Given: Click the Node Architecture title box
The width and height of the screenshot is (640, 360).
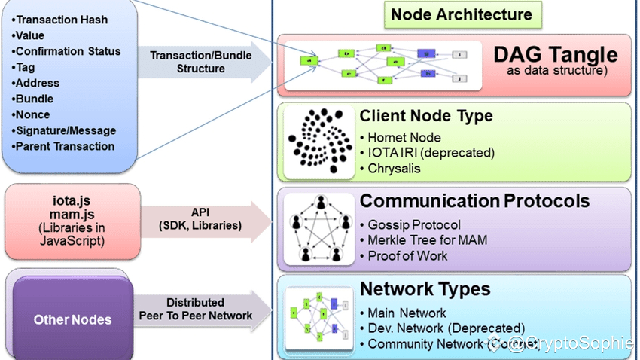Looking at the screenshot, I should click(x=461, y=14).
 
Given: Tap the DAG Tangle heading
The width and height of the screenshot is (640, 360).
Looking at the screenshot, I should click(x=555, y=55).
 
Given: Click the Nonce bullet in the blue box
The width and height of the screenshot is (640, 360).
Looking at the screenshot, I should click(x=32, y=114).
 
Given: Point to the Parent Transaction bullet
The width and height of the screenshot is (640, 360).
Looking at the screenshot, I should click(x=63, y=146).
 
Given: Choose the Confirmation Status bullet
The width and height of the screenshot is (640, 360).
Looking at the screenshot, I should click(x=66, y=51).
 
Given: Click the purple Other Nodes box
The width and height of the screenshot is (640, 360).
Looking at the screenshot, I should click(x=73, y=319).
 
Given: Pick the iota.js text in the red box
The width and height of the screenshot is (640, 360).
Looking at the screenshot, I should click(x=72, y=202).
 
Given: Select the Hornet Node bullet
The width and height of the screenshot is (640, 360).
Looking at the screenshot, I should click(x=405, y=137).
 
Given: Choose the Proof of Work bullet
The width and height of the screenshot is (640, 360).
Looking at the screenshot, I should click(x=407, y=255).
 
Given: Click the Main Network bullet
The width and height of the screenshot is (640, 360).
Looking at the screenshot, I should click(x=407, y=313).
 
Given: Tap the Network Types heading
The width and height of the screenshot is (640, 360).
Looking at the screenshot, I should click(x=425, y=289).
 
